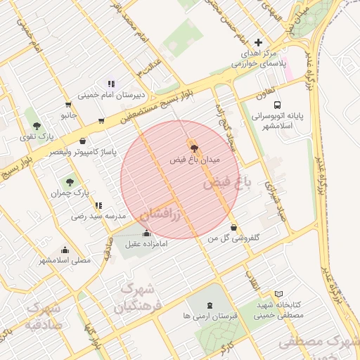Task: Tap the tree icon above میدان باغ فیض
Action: [194, 148]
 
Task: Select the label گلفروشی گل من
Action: [234, 238]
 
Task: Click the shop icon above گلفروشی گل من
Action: [234, 227]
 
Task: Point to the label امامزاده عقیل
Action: [147, 244]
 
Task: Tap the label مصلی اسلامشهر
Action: [65, 260]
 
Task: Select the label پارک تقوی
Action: [37, 136]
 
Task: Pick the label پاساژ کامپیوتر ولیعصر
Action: [83, 151]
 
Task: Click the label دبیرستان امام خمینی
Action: [110, 94]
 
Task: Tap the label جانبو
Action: [68, 114]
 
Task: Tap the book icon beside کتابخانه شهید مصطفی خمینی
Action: [279, 293]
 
